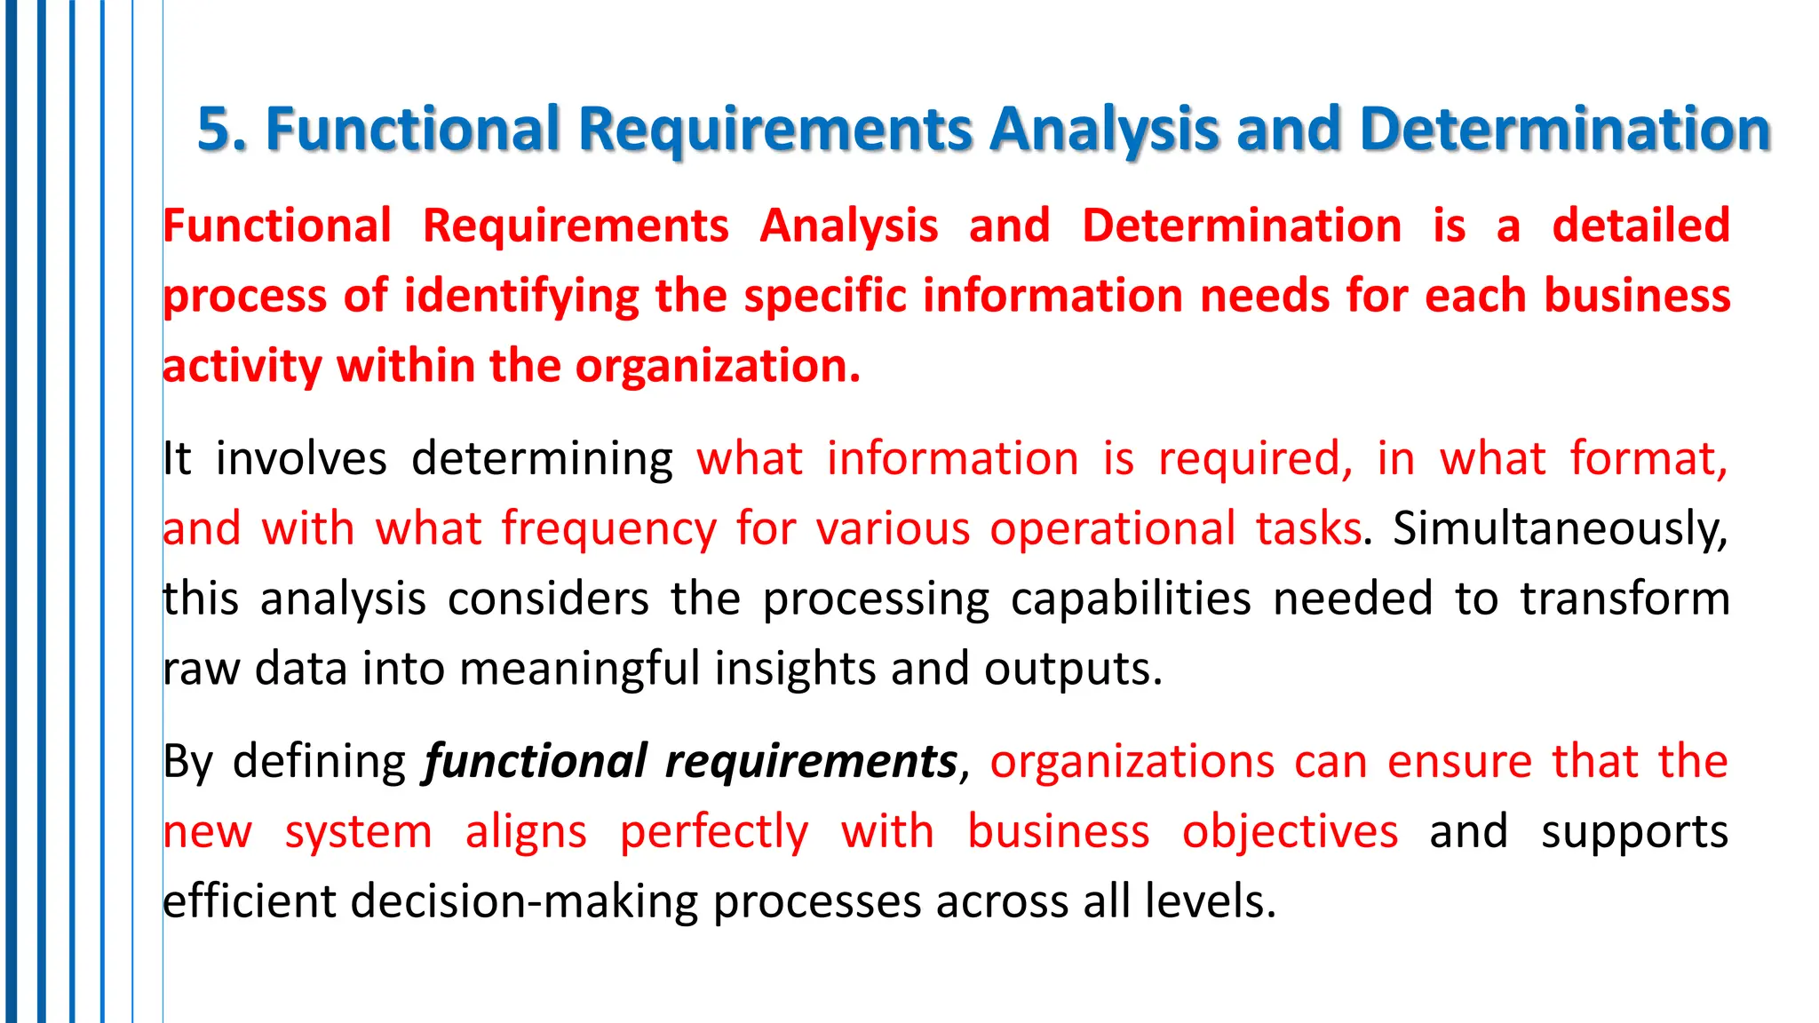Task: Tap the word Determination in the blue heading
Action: coord(1565,130)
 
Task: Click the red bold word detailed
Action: coord(1640,226)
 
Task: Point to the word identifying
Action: coord(521,296)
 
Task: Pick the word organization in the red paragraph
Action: coord(718,366)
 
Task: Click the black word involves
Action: coord(301,459)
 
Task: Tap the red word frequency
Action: coord(608,529)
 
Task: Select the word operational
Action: coord(1112,529)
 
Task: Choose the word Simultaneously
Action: coord(1560,529)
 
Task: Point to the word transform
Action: coord(1624,599)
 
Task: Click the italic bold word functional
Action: coord(536,762)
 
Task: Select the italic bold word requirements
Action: coord(811,762)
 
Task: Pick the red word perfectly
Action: coord(714,832)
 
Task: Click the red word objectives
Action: coord(1290,832)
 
